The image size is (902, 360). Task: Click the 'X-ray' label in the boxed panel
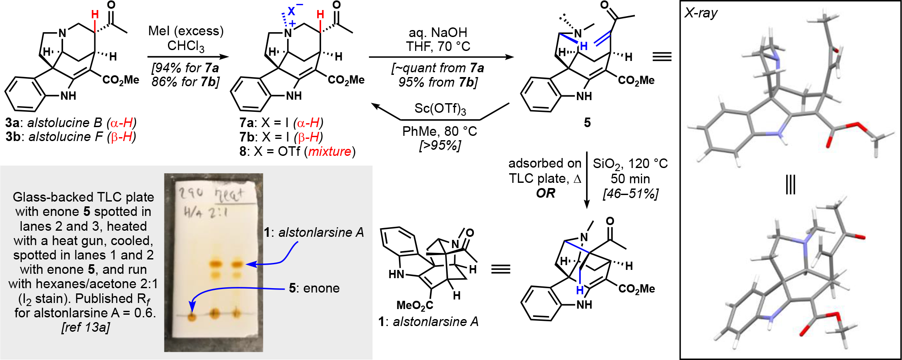701,13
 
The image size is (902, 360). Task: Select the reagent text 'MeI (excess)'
186,31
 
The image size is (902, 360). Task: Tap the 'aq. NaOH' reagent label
438,32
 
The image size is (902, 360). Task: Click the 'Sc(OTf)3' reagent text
440,108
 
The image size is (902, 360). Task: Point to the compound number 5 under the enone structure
587,123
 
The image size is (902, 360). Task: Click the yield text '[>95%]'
439,145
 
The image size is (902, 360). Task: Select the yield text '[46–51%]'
630,193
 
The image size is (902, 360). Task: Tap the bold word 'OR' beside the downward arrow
545,193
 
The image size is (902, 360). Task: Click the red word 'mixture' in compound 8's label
329,151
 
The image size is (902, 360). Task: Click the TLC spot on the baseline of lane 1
192,316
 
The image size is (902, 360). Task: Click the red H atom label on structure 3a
95,15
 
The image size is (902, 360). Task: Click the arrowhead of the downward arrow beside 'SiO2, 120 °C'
587,204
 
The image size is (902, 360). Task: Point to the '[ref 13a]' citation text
86,327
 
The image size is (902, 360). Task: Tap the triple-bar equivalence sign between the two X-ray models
790,185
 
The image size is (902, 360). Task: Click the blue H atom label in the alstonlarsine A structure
580,290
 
